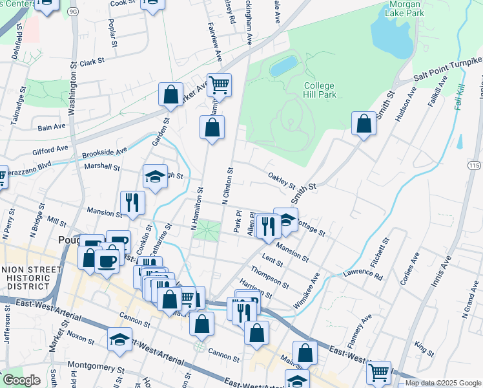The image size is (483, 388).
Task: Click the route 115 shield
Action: (x=474, y=166)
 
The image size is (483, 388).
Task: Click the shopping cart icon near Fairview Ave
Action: (x=220, y=85)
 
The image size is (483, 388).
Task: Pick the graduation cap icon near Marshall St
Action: (x=155, y=177)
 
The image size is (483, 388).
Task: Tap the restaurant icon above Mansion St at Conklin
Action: (x=132, y=202)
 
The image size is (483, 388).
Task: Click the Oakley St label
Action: (x=282, y=177)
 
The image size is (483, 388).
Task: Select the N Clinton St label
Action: (x=227, y=186)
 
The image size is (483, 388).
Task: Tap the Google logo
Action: (x=21, y=380)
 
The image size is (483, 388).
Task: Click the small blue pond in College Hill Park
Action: (x=283, y=65)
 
